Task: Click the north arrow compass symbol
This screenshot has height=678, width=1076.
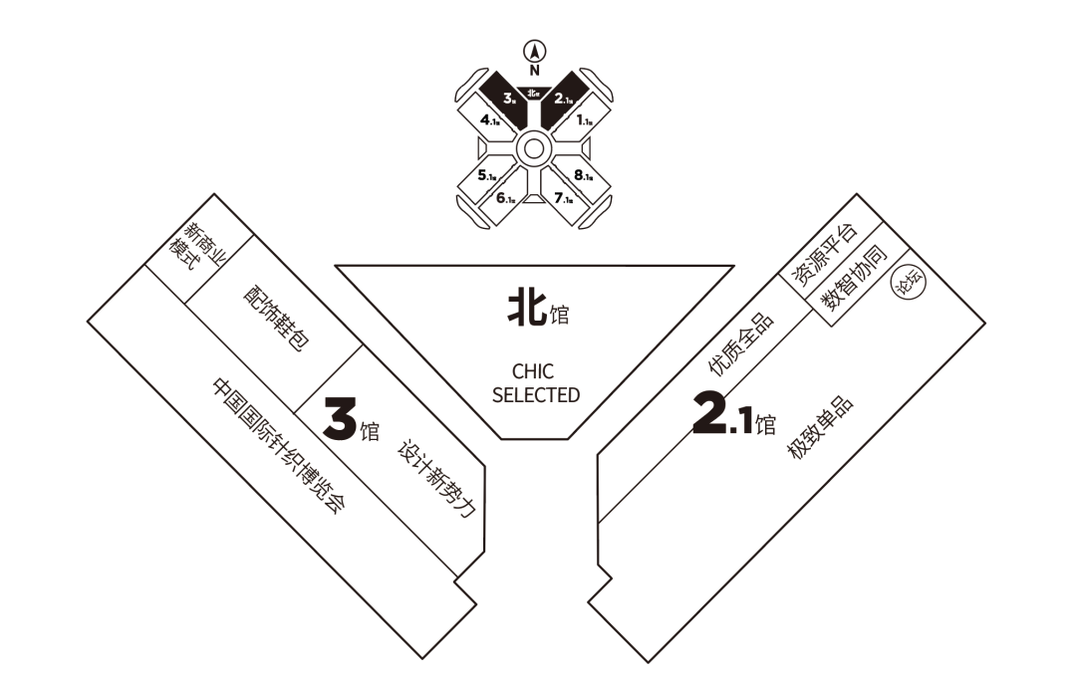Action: [x=535, y=52]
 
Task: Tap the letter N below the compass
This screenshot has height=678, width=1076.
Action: [x=535, y=70]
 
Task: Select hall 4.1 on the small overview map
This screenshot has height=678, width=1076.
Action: [x=490, y=119]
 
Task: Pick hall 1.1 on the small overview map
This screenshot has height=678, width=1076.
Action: [x=584, y=119]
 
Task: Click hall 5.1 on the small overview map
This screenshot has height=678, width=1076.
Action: [x=487, y=176]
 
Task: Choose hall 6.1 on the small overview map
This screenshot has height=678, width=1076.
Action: [x=505, y=198]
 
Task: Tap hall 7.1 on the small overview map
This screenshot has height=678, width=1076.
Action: [x=563, y=198]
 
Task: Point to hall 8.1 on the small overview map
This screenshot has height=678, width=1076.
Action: [x=583, y=176]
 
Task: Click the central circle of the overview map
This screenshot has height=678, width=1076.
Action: [x=533, y=150]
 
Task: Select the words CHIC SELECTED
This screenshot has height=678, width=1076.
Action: [x=535, y=384]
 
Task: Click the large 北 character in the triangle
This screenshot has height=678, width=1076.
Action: [x=525, y=308]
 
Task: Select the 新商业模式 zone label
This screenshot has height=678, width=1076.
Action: [x=196, y=245]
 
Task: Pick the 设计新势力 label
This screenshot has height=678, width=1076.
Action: [x=435, y=477]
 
